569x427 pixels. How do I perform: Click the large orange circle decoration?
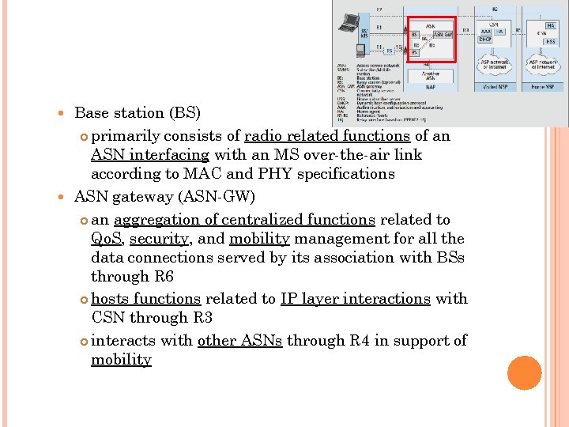(525, 372)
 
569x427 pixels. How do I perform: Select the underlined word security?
(159, 239)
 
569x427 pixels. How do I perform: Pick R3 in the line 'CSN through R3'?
(202, 318)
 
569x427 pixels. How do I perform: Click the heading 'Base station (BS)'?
(138, 114)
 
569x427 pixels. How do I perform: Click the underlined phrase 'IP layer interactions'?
(355, 299)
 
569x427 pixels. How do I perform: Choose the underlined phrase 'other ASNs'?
(240, 340)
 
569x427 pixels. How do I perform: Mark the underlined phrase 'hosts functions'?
(146, 299)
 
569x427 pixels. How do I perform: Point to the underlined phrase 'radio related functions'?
(327, 135)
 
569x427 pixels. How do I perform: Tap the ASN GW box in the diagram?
(443, 35)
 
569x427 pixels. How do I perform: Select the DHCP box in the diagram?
(485, 38)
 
